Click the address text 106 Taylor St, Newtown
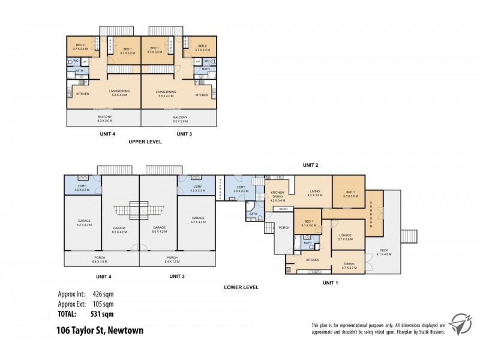(x=99, y=331)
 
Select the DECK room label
(x=385, y=251)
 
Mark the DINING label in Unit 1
(x=350, y=265)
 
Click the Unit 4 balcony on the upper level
(x=104, y=118)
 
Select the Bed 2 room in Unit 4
(x=81, y=47)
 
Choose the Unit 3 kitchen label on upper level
(x=202, y=94)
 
